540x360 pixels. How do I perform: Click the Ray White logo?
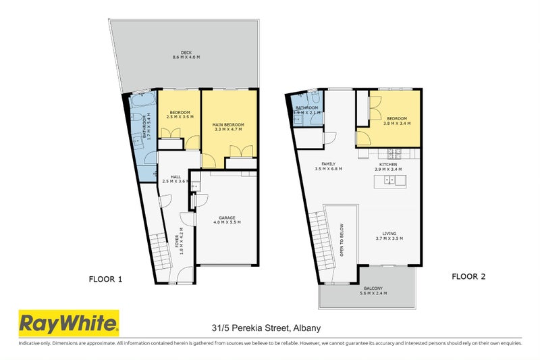point(67,324)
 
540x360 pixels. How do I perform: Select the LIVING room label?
point(389,236)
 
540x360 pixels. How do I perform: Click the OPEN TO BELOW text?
point(342,240)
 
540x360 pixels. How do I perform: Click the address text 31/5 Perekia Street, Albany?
point(266,328)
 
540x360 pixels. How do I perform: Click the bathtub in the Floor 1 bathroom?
point(144,103)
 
